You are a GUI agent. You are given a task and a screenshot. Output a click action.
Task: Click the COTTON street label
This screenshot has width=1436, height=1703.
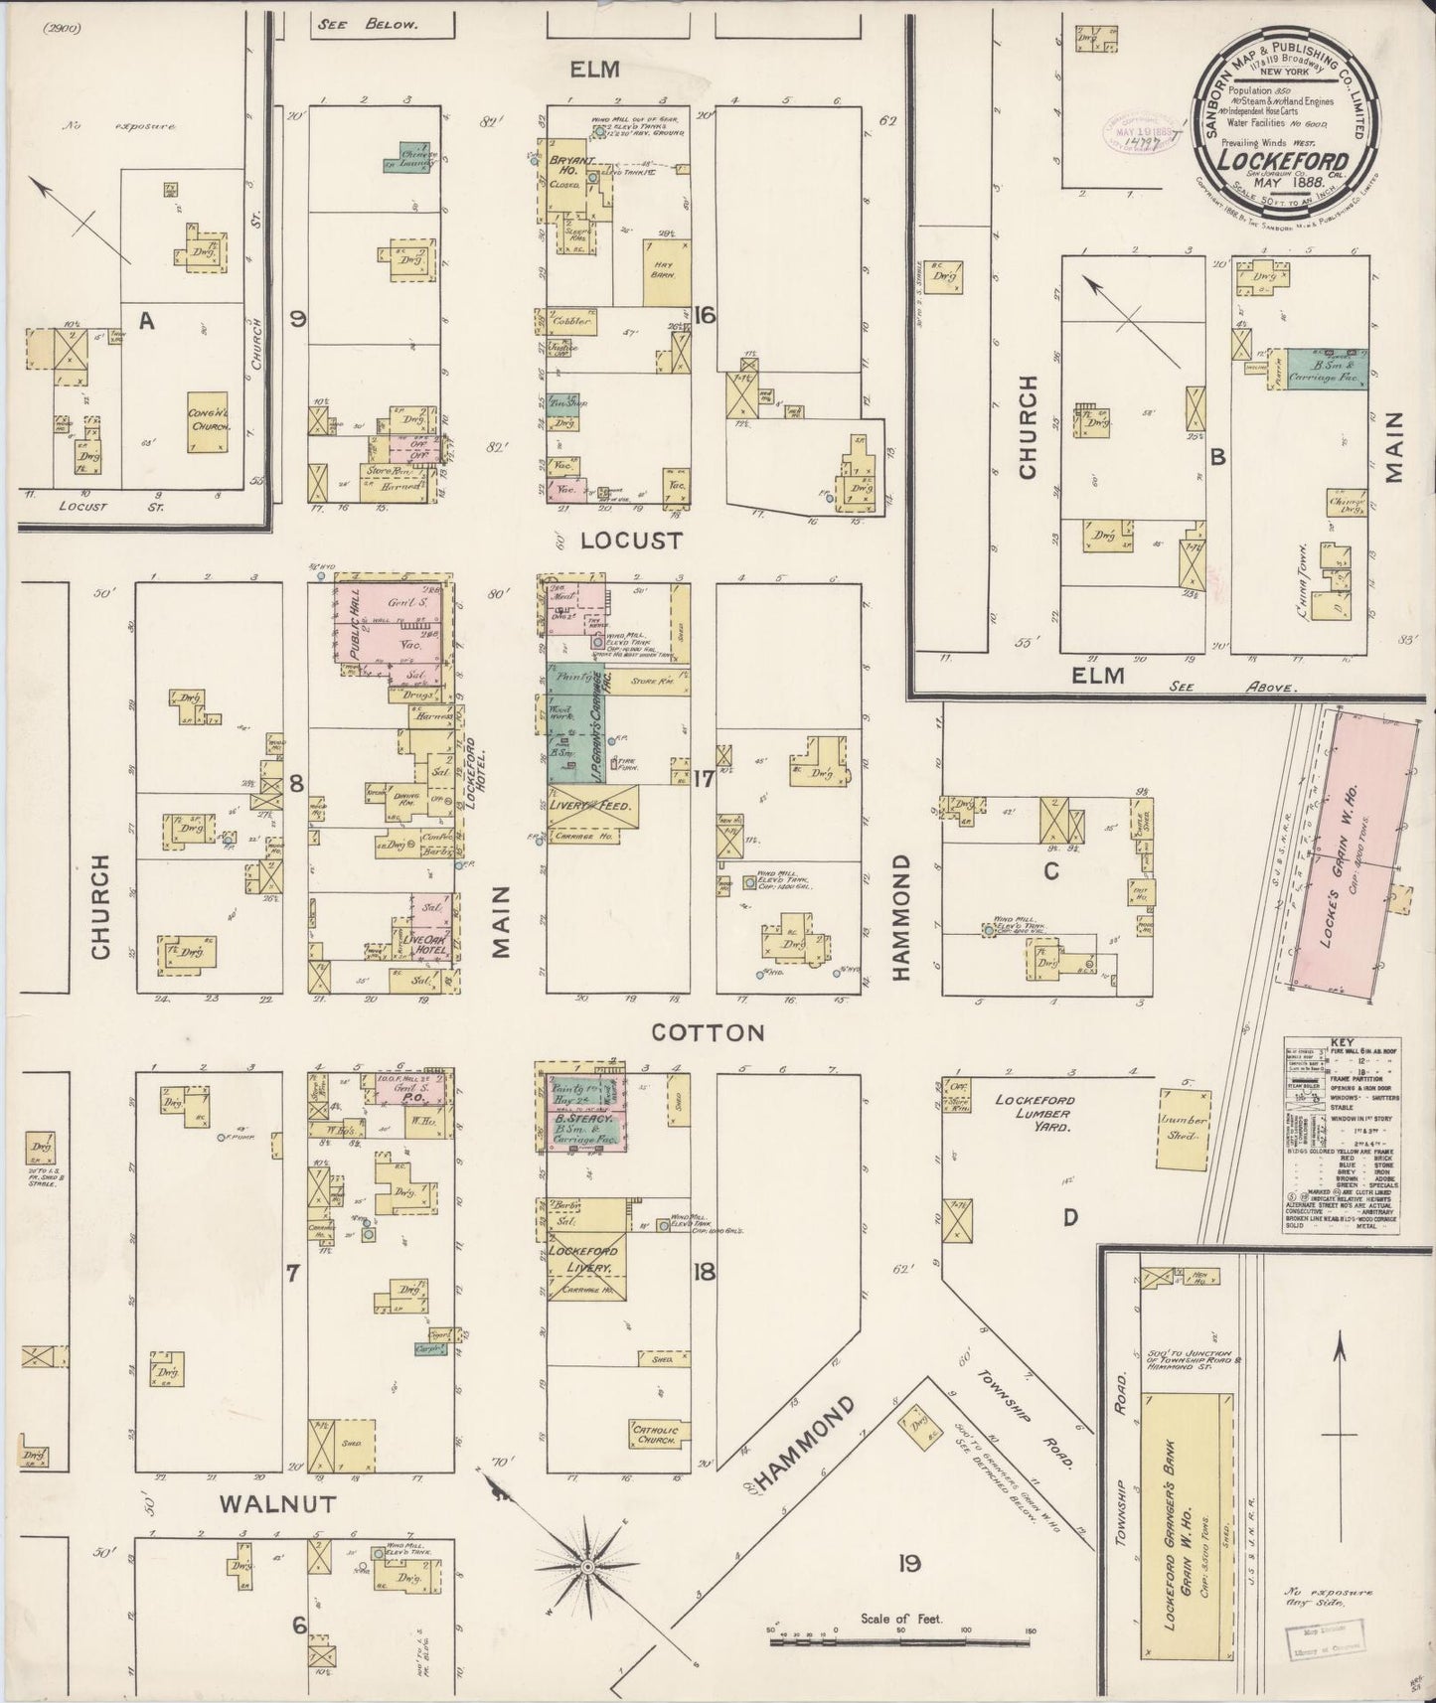(x=708, y=1032)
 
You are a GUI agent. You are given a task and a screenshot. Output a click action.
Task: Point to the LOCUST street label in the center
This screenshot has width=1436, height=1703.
(x=631, y=541)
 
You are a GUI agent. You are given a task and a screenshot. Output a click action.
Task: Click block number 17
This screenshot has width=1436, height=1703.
(x=704, y=779)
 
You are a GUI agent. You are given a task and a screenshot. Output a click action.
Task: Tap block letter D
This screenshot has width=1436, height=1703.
(x=1069, y=1218)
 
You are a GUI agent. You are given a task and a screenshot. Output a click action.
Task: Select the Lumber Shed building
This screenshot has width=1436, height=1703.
(x=1183, y=1127)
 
